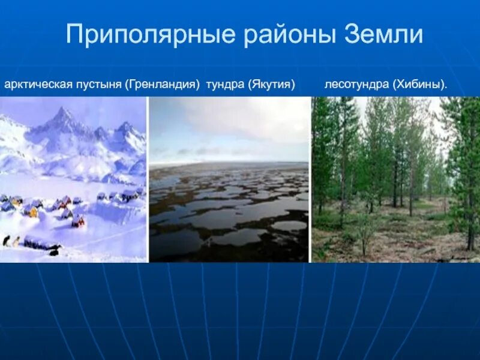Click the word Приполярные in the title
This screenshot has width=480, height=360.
point(150,35)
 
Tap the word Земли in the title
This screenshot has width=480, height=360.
point(383,35)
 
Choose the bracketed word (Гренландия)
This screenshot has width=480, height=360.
point(162,85)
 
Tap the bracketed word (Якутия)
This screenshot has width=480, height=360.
point(271,85)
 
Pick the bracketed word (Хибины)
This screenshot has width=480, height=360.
point(421,85)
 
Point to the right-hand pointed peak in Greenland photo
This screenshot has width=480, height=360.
point(125,125)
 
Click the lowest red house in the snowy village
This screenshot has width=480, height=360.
point(79,221)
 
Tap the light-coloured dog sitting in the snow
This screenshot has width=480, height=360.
point(16,241)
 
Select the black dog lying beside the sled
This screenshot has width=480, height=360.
point(54,251)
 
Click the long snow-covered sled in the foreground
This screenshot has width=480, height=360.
point(39,243)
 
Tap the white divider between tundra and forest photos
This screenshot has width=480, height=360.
point(310,180)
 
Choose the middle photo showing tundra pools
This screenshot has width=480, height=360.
point(229,180)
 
